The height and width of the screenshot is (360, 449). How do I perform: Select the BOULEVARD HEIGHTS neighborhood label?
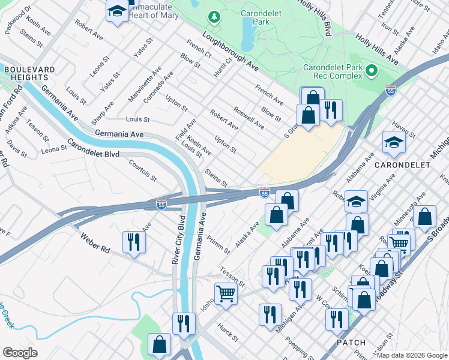pyautogui.click(x=26, y=74)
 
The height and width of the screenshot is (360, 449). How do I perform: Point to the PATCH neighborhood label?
pyautogui.click(x=351, y=343)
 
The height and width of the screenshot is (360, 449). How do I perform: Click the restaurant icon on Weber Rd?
pyautogui.click(x=134, y=242)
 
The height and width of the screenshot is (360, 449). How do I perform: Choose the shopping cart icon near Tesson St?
pyautogui.click(x=226, y=294)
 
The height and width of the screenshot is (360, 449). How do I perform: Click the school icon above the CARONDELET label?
pyautogui.click(x=393, y=143)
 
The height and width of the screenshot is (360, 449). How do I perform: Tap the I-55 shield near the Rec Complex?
pyautogui.click(x=391, y=91)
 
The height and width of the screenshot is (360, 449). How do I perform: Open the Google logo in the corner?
pyautogui.click(x=20, y=353)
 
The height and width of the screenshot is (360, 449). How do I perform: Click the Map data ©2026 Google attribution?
pyautogui.click(x=412, y=355)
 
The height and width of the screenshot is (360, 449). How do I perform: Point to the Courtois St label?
pyautogui.click(x=142, y=170)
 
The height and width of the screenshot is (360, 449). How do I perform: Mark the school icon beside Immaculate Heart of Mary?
pyautogui.click(x=116, y=10)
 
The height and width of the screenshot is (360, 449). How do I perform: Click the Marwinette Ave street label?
pyautogui.click(x=144, y=84)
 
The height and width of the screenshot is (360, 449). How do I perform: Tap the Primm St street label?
pyautogui.click(x=214, y=244)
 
